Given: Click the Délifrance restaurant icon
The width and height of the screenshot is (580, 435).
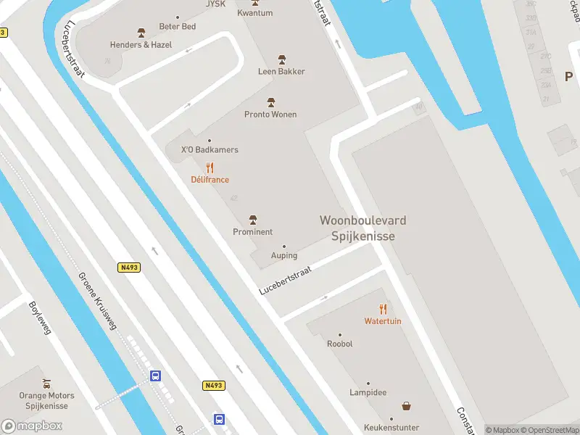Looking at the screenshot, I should [210, 168].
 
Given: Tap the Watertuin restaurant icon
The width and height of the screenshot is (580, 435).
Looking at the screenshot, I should [383, 310].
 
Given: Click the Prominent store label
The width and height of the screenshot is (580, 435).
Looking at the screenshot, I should [253, 232].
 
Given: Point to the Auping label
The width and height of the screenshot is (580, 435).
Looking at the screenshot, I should [283, 255].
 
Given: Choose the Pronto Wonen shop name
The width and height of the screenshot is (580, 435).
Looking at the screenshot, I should [270, 115].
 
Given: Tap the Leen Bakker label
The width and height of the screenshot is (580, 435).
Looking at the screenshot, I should [281, 71].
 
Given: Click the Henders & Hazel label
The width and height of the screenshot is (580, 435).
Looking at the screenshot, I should [141, 44].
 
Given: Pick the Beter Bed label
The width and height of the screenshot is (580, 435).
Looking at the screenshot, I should [178, 27].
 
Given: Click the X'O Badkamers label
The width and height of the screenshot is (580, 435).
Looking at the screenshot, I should [210, 150].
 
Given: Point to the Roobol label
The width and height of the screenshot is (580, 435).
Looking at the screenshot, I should [340, 344].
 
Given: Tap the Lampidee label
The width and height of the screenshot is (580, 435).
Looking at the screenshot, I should [368, 392].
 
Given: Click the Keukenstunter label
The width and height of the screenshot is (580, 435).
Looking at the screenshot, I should [391, 428].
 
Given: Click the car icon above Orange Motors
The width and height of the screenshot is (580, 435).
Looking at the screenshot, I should [47, 384].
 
